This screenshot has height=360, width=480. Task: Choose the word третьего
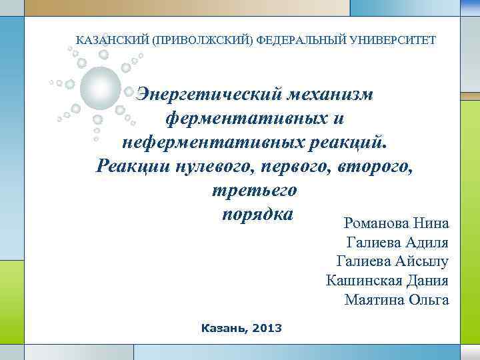pyautogui.click(x=253, y=190)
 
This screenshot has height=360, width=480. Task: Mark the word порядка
pyautogui.click(x=255, y=215)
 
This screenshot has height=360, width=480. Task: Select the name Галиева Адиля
pyautogui.click(x=397, y=242)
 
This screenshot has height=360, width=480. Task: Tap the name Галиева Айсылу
pyautogui.click(x=393, y=261)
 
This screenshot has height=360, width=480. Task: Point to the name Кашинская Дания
pyautogui.click(x=387, y=281)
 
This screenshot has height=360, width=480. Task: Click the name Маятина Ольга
pyautogui.click(x=397, y=300)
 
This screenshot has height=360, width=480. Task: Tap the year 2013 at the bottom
pyautogui.click(x=267, y=328)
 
